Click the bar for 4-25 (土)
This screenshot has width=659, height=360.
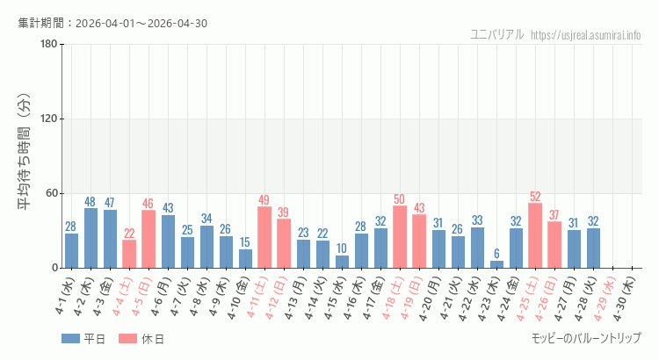(x=535, y=235)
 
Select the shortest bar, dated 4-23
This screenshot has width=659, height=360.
(x=496, y=263)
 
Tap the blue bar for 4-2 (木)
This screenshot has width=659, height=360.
(x=91, y=238)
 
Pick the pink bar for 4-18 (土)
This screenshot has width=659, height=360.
(x=400, y=237)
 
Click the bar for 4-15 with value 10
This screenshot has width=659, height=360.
(x=342, y=262)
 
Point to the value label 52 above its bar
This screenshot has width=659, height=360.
(x=535, y=197)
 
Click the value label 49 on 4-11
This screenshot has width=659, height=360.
(x=264, y=200)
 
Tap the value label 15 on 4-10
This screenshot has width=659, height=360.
(x=245, y=242)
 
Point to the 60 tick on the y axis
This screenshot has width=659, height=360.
(x=51, y=193)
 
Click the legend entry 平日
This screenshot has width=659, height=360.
(x=83, y=339)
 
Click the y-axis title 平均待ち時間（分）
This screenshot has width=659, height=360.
(x=24, y=155)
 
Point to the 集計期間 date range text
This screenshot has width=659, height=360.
(x=112, y=23)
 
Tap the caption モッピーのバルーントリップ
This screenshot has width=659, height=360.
(x=586, y=338)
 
